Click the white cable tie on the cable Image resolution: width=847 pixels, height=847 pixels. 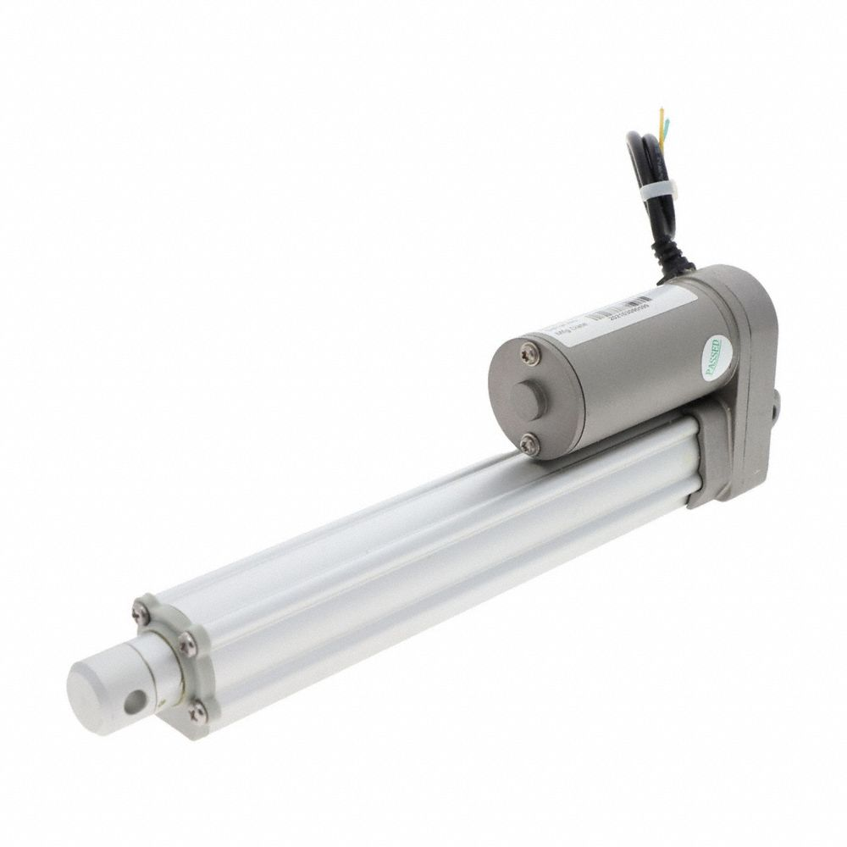click(654, 194)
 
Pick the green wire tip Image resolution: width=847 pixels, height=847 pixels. click(667, 128)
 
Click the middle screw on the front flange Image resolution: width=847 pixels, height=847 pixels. click(187, 646)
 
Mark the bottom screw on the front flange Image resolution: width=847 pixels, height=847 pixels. click(197, 713)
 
